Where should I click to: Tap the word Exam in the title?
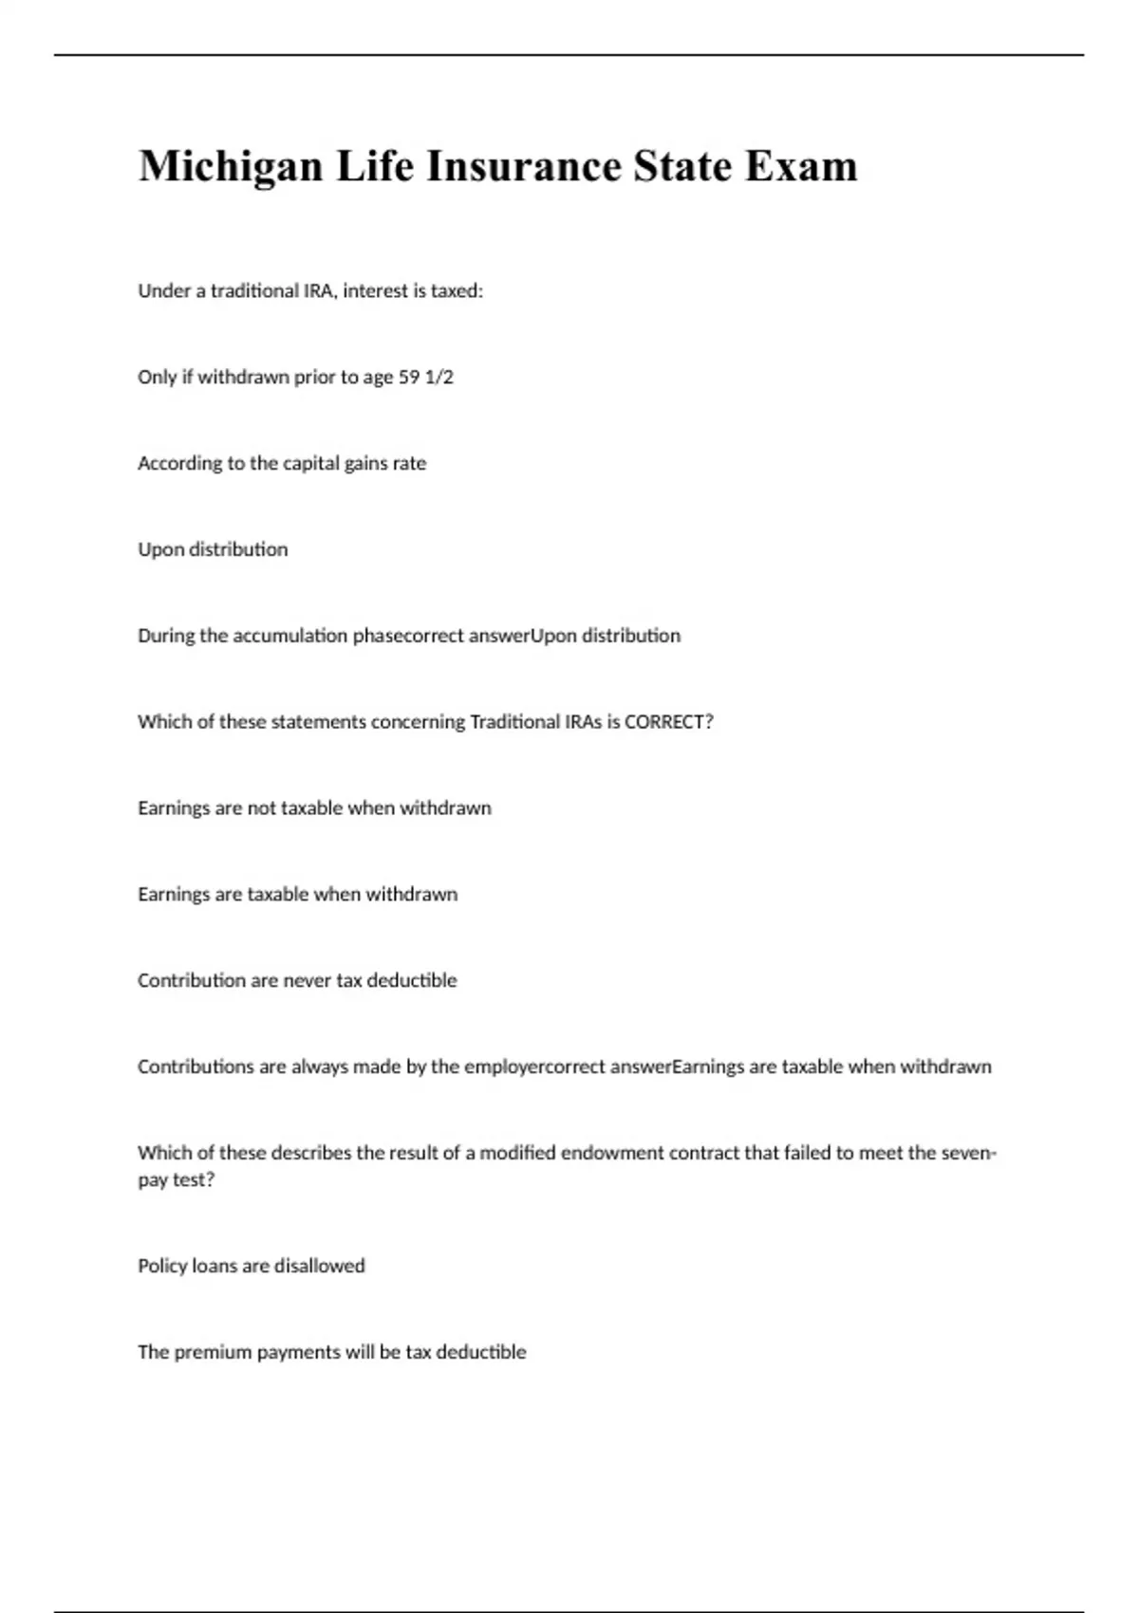coord(801,167)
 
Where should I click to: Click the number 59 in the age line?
coord(408,378)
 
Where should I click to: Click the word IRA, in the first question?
coord(320,291)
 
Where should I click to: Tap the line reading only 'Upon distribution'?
coord(213,549)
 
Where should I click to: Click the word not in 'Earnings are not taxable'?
coord(261,808)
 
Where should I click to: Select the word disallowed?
coord(320,1267)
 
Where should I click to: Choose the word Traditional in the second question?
coord(515,722)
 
